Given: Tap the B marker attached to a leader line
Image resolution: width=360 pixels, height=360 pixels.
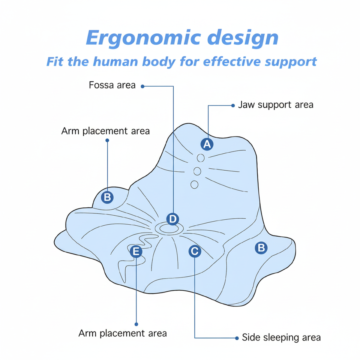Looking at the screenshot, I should click(108, 197).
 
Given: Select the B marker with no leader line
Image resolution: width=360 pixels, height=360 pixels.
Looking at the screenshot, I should click(261, 247).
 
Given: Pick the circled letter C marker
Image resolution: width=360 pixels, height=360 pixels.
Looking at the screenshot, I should click(194, 251).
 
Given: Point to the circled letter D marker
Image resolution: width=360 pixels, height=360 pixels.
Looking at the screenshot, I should click(172, 219).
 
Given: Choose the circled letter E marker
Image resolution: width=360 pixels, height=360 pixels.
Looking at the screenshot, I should click(136, 251).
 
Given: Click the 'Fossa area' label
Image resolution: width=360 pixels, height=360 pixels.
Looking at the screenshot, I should click(112, 85).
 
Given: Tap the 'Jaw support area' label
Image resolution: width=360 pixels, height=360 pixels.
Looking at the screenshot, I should click(276, 105).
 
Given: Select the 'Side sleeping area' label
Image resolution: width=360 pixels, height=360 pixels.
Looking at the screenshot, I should click(281, 337).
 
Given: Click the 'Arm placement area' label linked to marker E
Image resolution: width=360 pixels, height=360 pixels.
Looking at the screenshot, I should click(123, 333).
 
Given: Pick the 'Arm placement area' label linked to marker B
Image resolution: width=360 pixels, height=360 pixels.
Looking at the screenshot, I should click(105, 131).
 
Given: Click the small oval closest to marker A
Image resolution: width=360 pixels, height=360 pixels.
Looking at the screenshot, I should click(201, 157).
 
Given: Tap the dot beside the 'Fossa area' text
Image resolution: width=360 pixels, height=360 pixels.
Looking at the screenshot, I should click(143, 86).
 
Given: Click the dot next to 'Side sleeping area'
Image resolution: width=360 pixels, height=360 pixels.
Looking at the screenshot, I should click(237, 338).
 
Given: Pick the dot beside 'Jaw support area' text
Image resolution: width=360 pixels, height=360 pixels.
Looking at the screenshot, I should click(233, 105).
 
